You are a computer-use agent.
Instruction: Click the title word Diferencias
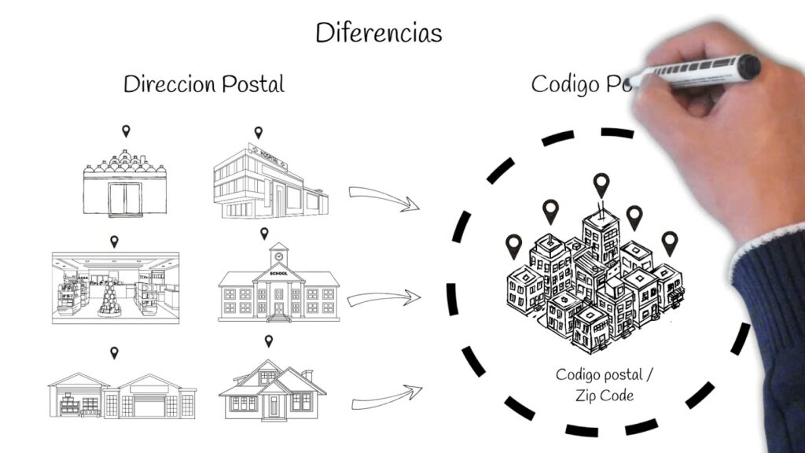click(378, 33)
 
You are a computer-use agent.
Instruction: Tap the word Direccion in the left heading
click(167, 84)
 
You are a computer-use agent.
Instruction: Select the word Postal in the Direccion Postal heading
click(252, 84)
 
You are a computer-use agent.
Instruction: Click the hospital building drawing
click(270, 183)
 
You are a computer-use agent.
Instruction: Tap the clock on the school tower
click(278, 256)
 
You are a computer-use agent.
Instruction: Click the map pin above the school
click(264, 233)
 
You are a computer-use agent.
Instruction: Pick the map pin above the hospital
click(258, 132)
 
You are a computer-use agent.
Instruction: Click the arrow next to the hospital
click(383, 198)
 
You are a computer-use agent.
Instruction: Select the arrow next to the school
click(382, 298)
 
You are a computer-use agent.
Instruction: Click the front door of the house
click(274, 406)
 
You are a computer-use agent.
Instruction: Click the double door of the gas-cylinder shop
click(125, 199)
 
